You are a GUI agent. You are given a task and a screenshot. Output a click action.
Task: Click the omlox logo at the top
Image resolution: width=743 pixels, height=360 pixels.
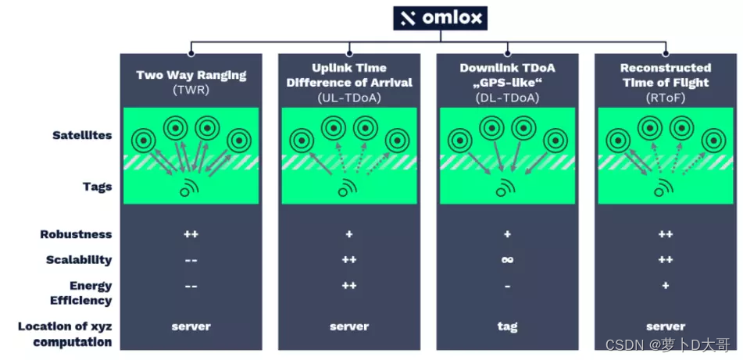(439, 18)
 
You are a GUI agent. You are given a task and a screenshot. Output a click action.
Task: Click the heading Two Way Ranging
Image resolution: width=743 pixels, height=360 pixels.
(191, 75)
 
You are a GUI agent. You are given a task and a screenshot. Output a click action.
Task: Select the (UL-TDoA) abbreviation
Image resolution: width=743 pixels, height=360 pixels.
(349, 97)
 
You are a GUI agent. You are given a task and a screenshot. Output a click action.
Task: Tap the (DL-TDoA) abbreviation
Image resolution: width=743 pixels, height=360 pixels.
(507, 97)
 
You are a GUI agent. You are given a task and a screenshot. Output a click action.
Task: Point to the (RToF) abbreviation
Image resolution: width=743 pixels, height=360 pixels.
(665, 97)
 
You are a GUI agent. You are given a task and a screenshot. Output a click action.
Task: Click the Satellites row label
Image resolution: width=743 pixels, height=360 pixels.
(82, 135)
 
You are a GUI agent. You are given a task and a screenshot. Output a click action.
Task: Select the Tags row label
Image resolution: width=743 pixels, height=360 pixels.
(97, 187)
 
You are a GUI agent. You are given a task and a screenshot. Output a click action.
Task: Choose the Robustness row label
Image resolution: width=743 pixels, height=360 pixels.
(76, 234)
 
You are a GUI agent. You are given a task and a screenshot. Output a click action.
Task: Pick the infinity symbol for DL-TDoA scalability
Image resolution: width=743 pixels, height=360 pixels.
(508, 260)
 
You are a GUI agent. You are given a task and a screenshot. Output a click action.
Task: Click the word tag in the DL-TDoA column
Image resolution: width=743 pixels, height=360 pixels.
(508, 326)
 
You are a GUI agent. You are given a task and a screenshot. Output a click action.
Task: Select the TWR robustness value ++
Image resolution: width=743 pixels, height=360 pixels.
(191, 234)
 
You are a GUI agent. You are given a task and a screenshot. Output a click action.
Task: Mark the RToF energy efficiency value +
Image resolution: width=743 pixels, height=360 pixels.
(666, 286)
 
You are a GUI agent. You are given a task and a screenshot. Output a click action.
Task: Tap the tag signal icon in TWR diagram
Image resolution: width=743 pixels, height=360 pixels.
(189, 188)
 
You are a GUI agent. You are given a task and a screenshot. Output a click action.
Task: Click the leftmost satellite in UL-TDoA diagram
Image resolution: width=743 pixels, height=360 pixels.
(301, 141)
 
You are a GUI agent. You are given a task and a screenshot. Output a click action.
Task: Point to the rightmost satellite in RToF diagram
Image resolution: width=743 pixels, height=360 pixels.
(713, 141)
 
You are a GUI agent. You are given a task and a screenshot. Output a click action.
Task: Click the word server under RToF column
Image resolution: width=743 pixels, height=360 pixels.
(666, 326)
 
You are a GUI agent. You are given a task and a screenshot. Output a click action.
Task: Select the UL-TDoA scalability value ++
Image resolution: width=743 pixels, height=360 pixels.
(349, 260)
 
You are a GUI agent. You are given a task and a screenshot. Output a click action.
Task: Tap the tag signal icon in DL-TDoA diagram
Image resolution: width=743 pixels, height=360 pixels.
(505, 188)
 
